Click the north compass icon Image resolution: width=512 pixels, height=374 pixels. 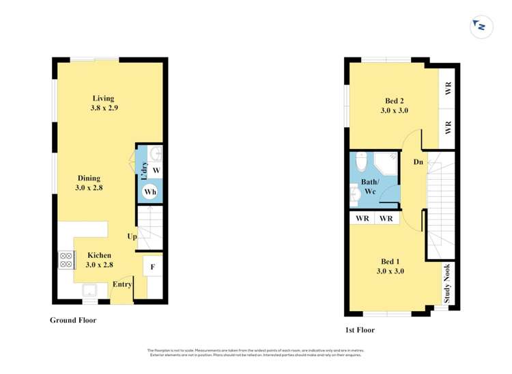(481, 27)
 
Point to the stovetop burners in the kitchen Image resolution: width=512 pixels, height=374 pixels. (67, 260)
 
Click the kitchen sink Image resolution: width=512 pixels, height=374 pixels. (91, 291)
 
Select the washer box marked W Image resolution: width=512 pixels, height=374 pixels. (156, 169)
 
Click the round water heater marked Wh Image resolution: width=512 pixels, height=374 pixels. (150, 192)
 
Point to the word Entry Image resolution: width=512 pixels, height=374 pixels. (122, 284)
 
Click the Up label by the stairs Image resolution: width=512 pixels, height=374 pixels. (132, 237)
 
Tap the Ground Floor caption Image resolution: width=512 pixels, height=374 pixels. (73, 320)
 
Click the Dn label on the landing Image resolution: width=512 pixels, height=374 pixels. (418, 162)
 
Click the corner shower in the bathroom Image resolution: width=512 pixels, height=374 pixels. (386, 165)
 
